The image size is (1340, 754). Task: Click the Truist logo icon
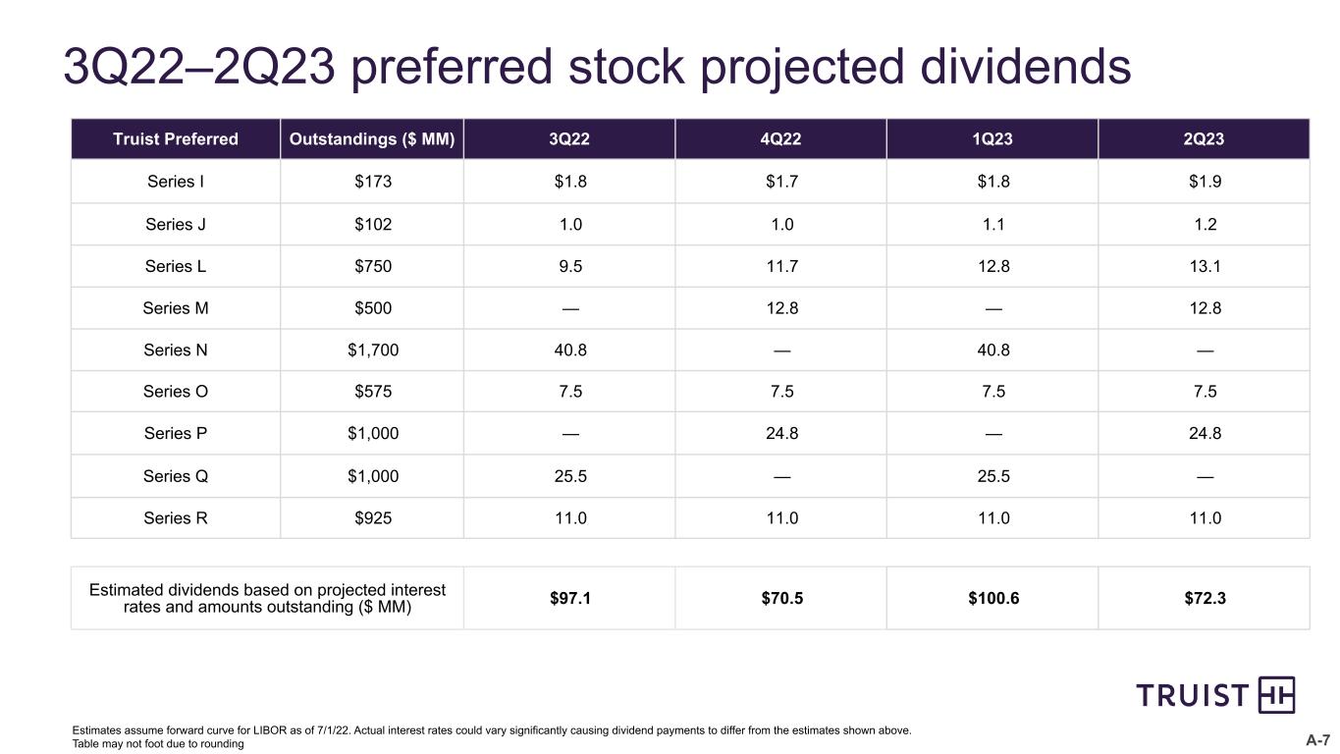coord(1276,695)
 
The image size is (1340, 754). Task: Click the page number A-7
coord(1317,740)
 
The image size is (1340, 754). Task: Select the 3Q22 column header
coord(569,138)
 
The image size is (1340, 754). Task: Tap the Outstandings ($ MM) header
coord(372,138)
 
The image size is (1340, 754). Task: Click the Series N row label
coord(176,350)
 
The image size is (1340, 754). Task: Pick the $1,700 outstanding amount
coord(373,350)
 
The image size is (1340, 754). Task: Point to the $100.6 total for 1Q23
coord(993,598)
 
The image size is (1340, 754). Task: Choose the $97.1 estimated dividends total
coord(570,598)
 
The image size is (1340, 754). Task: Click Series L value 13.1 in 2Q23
coord(1205,266)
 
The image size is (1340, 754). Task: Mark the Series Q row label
coord(176,476)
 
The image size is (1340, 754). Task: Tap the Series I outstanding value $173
coord(373,181)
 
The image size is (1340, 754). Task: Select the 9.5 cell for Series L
coord(570,266)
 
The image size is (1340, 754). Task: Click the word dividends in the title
coord(1025,66)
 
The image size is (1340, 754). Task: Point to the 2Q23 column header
coord(1204,138)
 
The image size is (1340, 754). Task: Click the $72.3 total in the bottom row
coord(1205,598)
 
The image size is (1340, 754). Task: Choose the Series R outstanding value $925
coord(373,517)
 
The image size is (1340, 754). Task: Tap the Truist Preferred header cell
coord(176,138)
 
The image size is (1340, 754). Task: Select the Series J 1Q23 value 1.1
coord(993,224)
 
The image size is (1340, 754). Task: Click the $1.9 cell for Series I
coord(1205,181)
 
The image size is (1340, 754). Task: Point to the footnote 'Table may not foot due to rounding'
coord(158,744)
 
